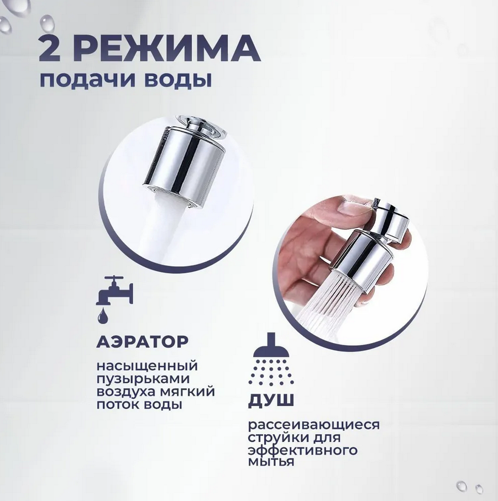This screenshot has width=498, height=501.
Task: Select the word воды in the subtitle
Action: coord(178,80)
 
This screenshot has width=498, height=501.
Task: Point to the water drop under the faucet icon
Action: coord(103,316)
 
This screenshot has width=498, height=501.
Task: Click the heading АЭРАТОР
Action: coord(143,341)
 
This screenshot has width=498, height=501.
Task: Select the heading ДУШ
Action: coord(271,400)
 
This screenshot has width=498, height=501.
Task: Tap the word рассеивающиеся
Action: coord(314,425)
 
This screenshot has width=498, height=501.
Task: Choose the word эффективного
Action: coord(303,450)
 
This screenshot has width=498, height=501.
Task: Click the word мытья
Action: coord(271,462)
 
